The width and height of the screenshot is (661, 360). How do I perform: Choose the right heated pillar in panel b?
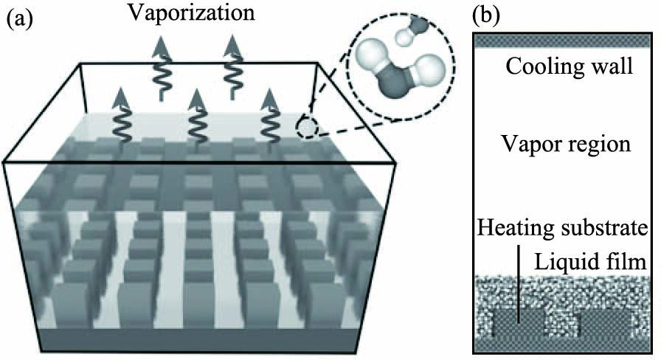click(x=606, y=322)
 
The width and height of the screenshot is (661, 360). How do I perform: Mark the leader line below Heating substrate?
click(x=519, y=288)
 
